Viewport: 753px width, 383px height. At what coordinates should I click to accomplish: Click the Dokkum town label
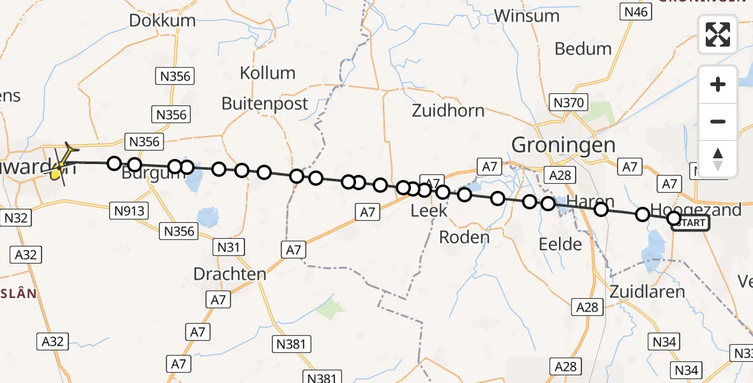point(162,20)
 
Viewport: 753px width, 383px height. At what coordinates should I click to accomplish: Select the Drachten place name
point(230,274)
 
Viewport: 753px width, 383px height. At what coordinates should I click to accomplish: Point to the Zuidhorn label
point(448,110)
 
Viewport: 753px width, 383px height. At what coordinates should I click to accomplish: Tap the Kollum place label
point(267,73)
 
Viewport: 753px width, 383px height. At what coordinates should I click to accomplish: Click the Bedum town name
point(583,49)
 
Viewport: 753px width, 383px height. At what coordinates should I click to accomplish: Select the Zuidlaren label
point(647,292)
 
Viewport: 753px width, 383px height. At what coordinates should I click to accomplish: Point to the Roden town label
point(465,237)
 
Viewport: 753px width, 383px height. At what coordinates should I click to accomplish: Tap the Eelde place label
point(560,244)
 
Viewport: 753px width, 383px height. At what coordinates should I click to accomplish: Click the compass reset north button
point(718,158)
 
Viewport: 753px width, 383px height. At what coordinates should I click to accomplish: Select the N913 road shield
point(130,211)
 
